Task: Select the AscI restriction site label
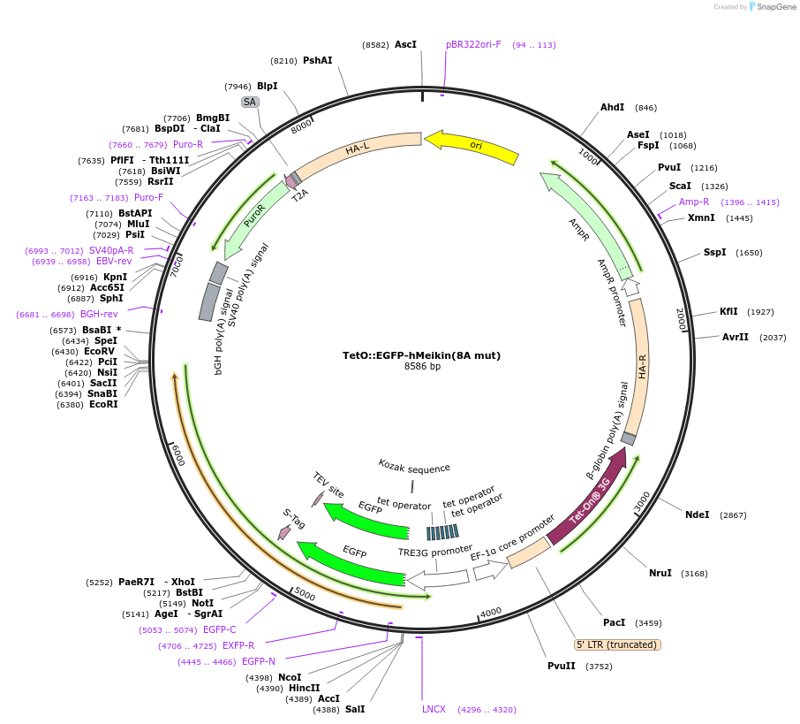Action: (x=405, y=43)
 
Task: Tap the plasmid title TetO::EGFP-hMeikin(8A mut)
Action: (x=421, y=355)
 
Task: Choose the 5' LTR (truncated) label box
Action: (x=617, y=644)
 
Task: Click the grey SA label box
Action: (x=250, y=102)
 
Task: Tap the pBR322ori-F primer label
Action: (x=473, y=44)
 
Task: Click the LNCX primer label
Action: (x=434, y=709)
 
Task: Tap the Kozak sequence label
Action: (x=414, y=467)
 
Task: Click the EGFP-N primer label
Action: (x=259, y=661)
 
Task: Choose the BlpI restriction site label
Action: (x=267, y=86)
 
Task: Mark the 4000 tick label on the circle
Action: (x=490, y=611)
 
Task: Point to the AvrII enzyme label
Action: (x=735, y=337)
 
